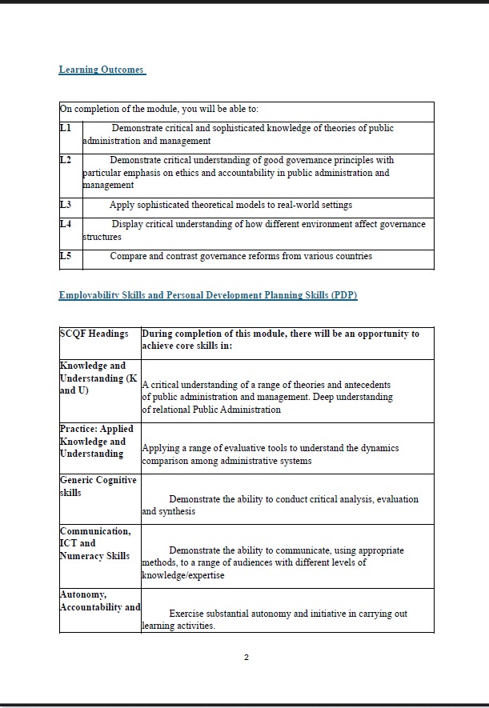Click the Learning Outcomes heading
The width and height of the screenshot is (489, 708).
tap(101, 70)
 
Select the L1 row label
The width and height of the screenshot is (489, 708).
tap(66, 128)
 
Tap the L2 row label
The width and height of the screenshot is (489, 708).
tap(66, 160)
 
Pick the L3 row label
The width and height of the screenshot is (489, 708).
tap(66, 205)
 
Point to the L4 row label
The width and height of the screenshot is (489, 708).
tap(66, 224)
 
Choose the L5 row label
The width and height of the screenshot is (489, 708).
tap(66, 256)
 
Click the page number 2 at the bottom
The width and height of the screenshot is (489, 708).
tap(247, 658)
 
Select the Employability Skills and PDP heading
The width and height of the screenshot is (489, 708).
tap(207, 295)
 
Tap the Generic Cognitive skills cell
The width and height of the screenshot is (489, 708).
tap(98, 486)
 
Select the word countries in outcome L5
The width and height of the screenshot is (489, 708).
tap(352, 256)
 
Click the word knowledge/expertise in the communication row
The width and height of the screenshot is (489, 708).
tap(183, 575)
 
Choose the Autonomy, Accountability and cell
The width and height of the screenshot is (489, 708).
tap(99, 601)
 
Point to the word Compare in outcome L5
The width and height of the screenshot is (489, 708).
tap(128, 256)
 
